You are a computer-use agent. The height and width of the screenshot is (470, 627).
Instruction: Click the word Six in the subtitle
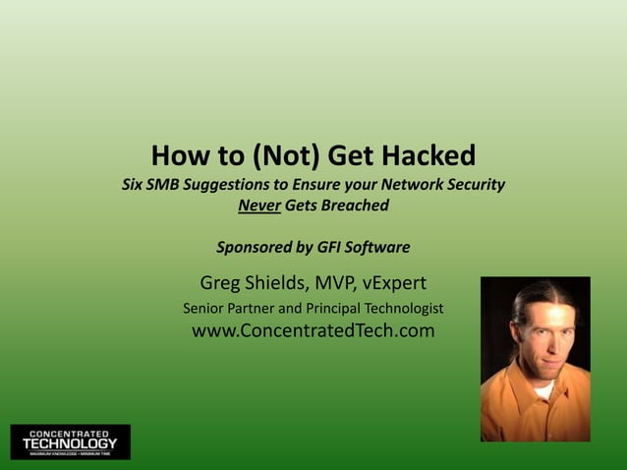(x=132, y=184)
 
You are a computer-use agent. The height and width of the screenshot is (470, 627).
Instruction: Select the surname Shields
(x=279, y=284)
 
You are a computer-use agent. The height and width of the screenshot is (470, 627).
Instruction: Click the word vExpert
(x=395, y=284)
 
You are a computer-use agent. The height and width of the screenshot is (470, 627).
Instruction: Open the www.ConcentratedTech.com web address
(x=313, y=331)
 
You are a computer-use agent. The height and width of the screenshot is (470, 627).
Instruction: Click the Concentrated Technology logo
(x=70, y=442)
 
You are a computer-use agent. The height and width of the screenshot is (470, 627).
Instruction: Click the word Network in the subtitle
(x=402, y=184)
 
